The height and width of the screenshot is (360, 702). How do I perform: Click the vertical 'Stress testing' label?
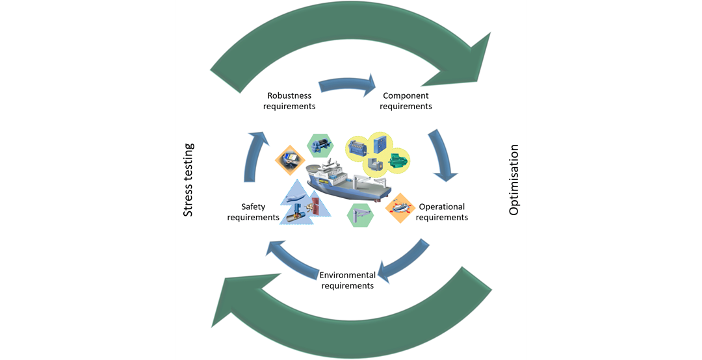[188, 180]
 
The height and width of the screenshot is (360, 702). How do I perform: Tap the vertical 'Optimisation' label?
[514, 180]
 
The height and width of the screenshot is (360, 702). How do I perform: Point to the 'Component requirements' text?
[406, 101]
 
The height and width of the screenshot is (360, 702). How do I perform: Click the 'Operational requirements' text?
[442, 212]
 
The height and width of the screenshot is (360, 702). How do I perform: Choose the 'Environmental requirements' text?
[348, 280]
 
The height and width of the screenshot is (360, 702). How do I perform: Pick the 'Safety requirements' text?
[253, 212]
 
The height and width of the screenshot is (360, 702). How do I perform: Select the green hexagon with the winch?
[320, 145]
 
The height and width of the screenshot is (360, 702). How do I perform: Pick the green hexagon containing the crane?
[361, 215]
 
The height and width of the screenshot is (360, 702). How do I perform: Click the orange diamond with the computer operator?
[289, 158]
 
